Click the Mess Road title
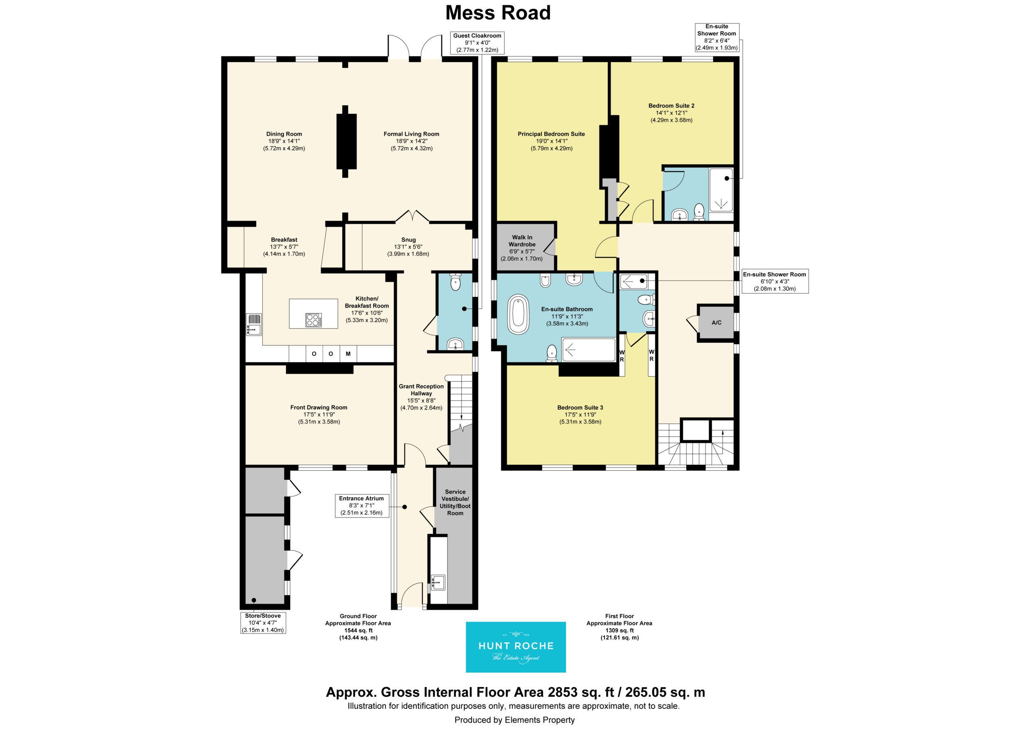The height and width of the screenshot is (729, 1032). (x=497, y=12)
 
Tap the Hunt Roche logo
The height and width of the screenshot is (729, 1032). (x=516, y=647)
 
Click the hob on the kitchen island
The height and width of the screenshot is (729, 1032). (x=313, y=320)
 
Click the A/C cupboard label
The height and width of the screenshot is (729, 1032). (x=716, y=322)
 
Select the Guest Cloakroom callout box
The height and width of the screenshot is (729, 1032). (x=477, y=43)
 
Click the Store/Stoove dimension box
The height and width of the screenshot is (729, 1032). (x=263, y=623)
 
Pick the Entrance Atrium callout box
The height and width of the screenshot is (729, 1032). (x=361, y=506)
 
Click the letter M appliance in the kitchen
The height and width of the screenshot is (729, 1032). (x=348, y=354)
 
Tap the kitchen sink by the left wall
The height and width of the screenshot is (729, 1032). (x=254, y=324)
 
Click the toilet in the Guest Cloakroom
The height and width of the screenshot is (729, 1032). (x=455, y=282)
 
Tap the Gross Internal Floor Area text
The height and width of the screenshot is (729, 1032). (x=516, y=692)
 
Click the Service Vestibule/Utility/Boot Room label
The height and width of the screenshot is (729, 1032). (x=455, y=502)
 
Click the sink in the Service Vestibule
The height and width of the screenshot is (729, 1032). (x=438, y=582)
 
